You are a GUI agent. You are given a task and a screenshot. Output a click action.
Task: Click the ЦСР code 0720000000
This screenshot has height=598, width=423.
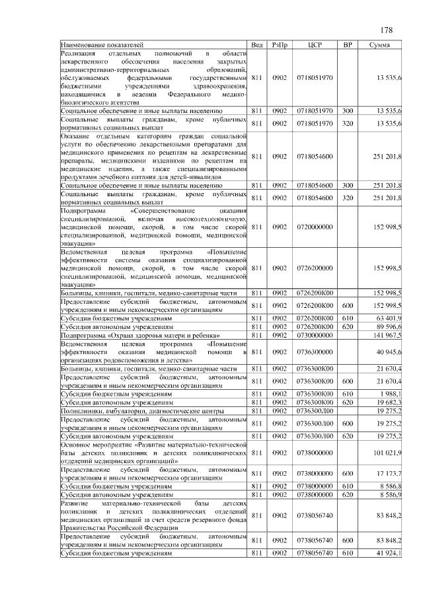pos(315,227)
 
